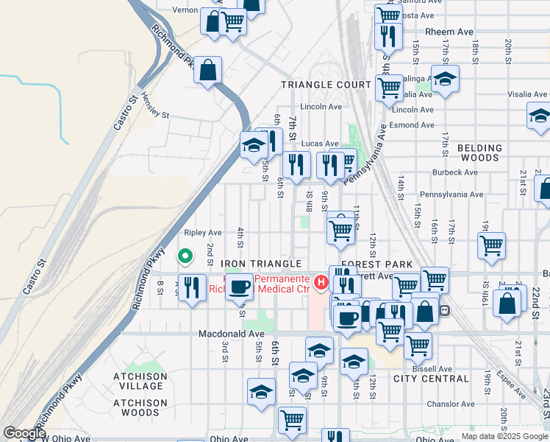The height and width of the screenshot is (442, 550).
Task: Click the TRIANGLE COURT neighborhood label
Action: (326, 85)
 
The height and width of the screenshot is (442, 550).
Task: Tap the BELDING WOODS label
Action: (479, 152)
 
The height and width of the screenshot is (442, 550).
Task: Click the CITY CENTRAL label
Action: (431, 379)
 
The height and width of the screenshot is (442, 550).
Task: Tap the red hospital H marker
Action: (321, 281)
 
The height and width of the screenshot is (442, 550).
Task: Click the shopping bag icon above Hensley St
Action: (208, 71)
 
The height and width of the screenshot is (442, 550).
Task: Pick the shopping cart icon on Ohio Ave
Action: (292, 420)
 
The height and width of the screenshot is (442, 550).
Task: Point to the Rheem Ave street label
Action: (450, 32)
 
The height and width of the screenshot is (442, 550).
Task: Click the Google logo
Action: (25, 433)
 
